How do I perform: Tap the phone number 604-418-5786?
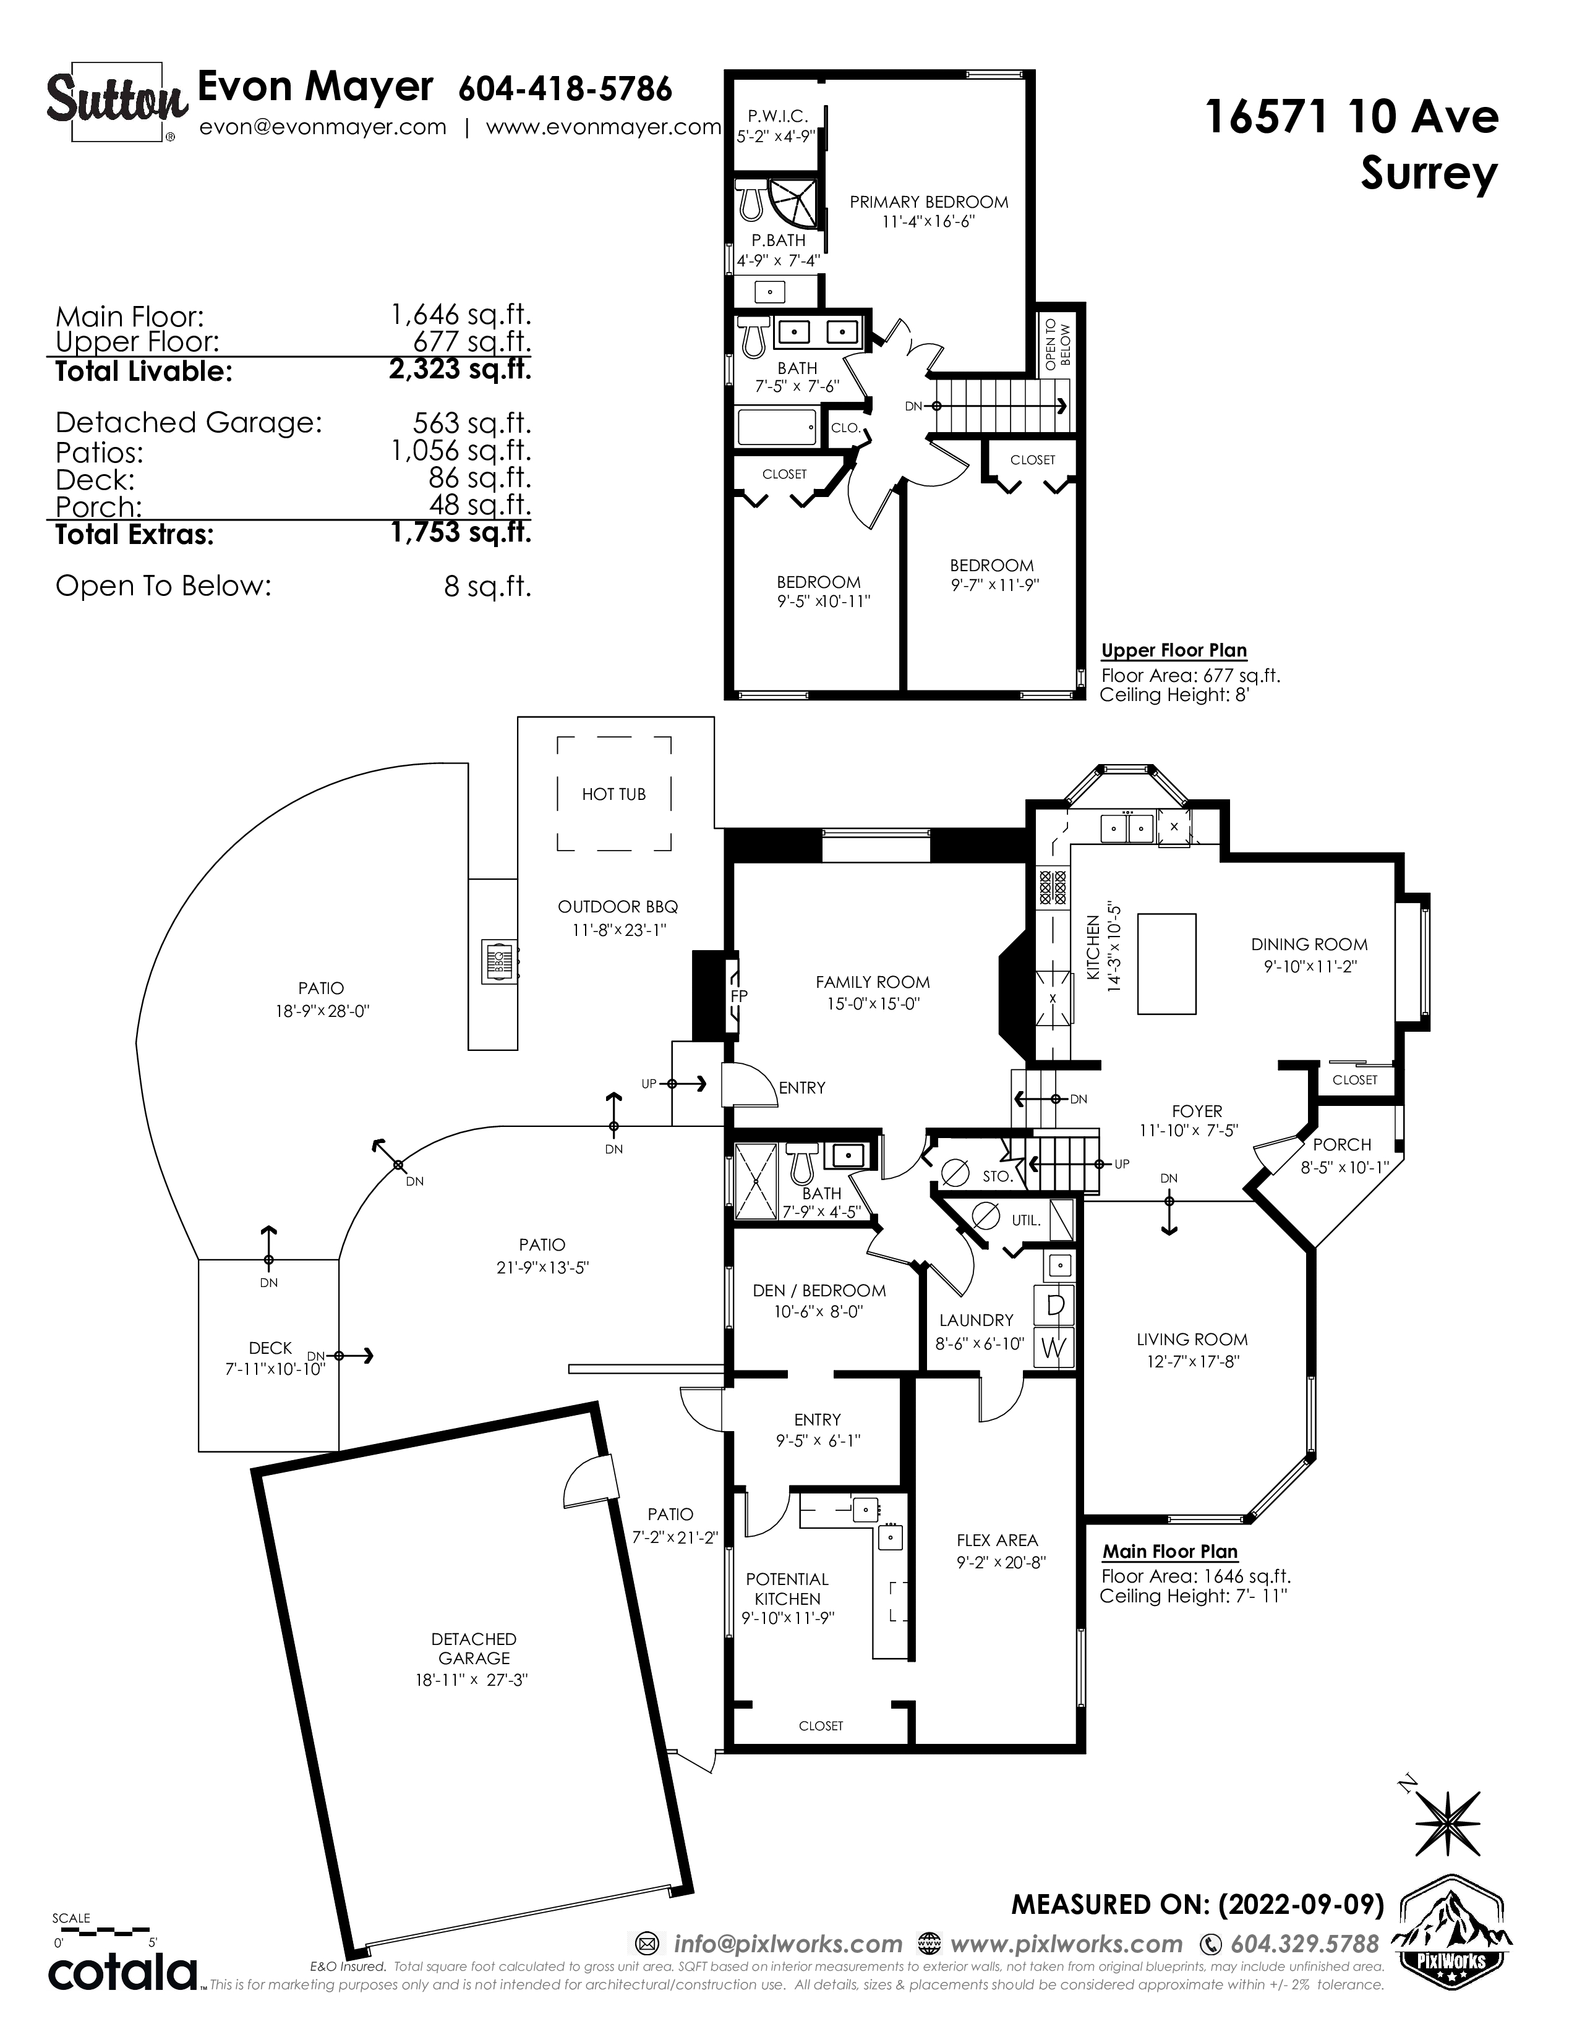(565, 89)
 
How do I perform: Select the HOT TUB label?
(614, 794)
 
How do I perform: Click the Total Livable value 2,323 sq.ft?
(459, 369)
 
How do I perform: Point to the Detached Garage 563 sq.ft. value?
(472, 423)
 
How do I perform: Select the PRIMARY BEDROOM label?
(929, 202)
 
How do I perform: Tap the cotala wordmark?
(122, 1972)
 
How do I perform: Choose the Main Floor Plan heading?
(1169, 1552)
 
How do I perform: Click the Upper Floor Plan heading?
(1173, 650)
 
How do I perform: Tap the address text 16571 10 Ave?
(1352, 117)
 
